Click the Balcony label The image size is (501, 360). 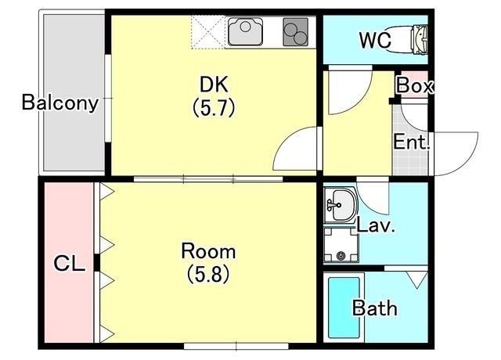[59, 103]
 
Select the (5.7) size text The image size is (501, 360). [214, 108]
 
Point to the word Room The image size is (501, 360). [208, 252]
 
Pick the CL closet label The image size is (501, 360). [69, 264]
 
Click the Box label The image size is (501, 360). [414, 86]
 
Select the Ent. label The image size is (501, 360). [412, 143]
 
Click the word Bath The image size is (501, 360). [374, 308]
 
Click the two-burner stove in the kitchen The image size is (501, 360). [296, 33]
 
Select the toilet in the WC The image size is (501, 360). [418, 36]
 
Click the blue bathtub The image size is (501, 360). [342, 308]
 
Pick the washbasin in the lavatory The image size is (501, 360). [340, 205]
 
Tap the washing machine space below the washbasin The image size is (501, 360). [341, 244]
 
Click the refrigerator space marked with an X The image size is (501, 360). [209, 32]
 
